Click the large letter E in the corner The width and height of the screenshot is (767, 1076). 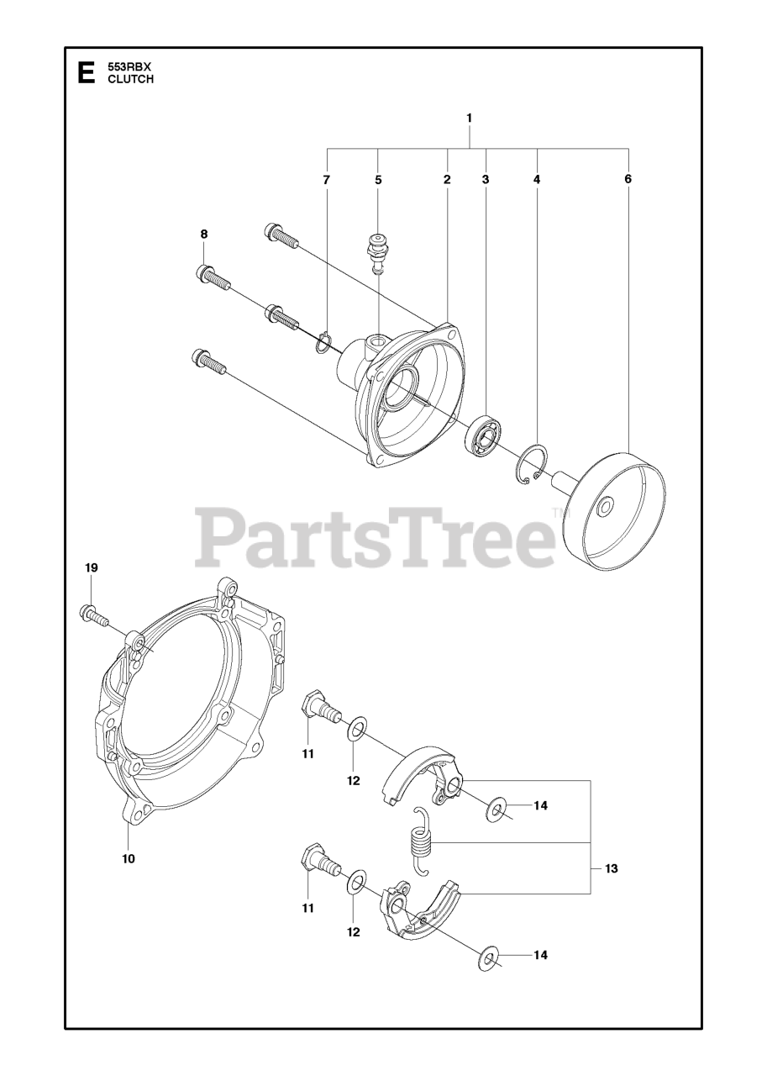tap(85, 73)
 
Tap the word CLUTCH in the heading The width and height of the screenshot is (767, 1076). tap(130, 80)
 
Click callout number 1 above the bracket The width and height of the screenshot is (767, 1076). tap(470, 119)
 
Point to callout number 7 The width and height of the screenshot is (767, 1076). tap(327, 180)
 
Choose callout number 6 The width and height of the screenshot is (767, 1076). tap(628, 179)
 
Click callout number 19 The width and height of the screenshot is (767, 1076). tap(91, 568)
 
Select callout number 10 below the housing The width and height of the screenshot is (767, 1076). tap(128, 858)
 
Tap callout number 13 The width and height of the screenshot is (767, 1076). tap(611, 868)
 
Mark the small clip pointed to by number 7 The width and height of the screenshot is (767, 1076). tap(323, 343)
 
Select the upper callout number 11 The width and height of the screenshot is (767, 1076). tap(308, 754)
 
